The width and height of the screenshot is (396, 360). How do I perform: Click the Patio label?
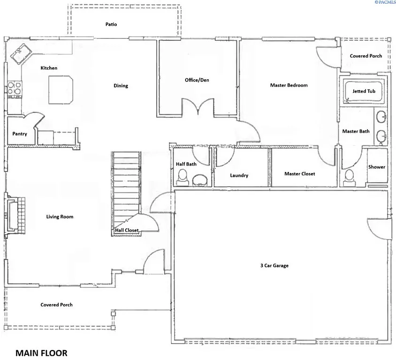coord(111,24)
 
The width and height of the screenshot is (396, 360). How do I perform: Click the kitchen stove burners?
coord(14,89)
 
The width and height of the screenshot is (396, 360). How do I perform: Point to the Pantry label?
coord(20,134)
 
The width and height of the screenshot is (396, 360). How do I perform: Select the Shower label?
coord(376,167)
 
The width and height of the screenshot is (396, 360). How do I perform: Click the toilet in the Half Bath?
coord(182,177)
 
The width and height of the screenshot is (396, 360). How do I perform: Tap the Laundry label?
coord(239,176)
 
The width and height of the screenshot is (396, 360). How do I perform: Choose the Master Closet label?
coord(300,174)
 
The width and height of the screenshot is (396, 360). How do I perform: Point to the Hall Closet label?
coord(127,230)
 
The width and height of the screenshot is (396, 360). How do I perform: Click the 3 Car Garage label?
coord(274,266)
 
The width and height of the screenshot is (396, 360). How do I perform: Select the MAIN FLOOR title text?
coord(41,352)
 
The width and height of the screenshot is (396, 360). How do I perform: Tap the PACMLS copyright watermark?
coord(385,3)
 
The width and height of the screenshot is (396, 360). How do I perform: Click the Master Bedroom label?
coord(289,85)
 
